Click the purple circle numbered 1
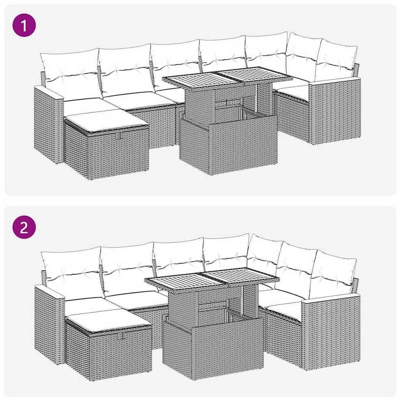(24, 25)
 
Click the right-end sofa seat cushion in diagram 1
(293, 90)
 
